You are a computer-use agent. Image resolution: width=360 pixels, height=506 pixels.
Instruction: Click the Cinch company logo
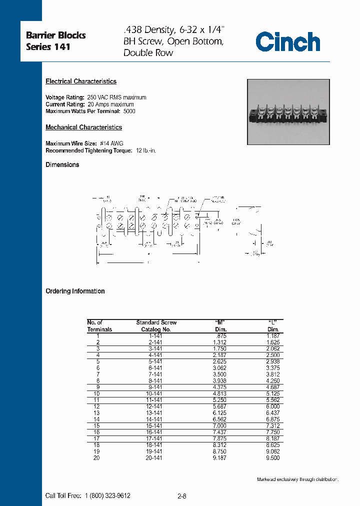point(287,42)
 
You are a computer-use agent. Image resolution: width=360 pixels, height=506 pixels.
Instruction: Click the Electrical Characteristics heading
point(81,81)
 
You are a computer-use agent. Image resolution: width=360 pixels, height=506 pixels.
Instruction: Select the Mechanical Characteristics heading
point(83,127)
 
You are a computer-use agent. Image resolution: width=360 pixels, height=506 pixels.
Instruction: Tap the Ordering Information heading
point(75,291)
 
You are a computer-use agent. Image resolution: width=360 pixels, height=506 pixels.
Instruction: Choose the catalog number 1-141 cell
point(155,336)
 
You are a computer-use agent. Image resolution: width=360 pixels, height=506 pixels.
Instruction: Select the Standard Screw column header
point(156,322)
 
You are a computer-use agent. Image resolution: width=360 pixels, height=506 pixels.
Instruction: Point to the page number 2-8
point(182,496)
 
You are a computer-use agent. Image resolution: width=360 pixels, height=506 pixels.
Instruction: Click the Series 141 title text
point(48,47)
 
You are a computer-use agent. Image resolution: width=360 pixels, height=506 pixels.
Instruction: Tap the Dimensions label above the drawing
point(62,165)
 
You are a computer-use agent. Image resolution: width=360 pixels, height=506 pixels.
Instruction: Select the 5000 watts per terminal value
point(129,111)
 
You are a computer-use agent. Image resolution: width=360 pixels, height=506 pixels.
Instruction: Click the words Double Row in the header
point(148,52)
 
